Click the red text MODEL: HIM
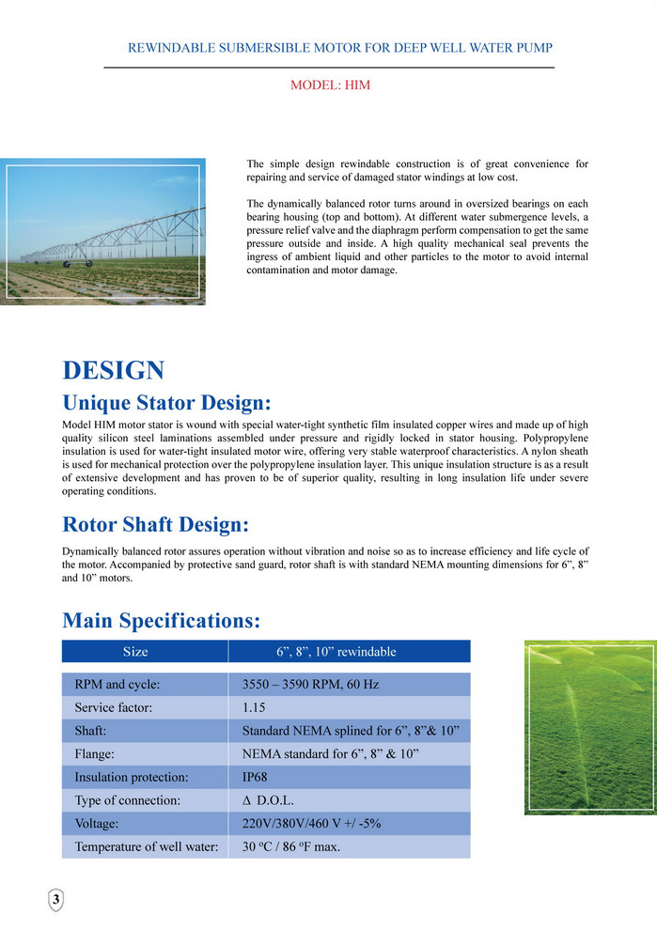[x=330, y=85]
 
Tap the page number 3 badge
[x=56, y=900]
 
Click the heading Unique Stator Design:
[x=166, y=404]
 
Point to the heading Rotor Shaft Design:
[x=155, y=524]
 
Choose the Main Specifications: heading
[x=161, y=621]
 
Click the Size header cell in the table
[x=135, y=652]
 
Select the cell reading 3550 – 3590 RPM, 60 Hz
[x=310, y=685]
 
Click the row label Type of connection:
[x=127, y=800]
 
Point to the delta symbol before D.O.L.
[x=246, y=801]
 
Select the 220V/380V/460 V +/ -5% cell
[x=311, y=824]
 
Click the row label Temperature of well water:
[x=146, y=846]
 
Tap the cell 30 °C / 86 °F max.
[x=291, y=846]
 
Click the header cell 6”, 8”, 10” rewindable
[x=336, y=652]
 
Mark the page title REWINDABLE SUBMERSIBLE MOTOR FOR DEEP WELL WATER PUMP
[x=339, y=47]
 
